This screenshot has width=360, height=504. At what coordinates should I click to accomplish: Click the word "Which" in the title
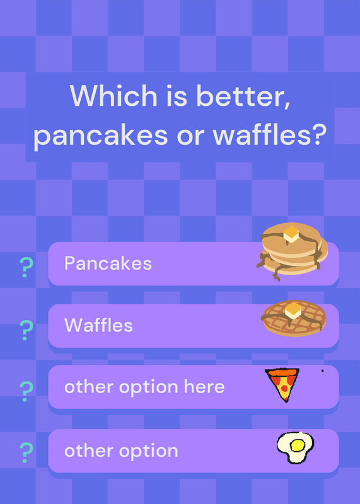tap(113, 96)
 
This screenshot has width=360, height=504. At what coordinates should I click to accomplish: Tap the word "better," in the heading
tap(243, 96)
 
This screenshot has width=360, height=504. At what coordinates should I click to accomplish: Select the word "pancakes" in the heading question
tap(100, 135)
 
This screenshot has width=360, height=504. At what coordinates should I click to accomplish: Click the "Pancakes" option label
tap(108, 263)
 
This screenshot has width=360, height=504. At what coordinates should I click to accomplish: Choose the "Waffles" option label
tap(98, 325)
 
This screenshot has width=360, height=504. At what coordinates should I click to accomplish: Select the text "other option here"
tap(144, 387)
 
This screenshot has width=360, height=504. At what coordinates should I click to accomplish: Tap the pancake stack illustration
tap(292, 251)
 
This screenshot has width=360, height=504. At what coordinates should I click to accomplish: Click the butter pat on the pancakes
tap(291, 234)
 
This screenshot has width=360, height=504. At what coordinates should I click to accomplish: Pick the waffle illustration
tap(294, 318)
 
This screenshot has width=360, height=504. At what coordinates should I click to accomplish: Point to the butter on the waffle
tap(293, 311)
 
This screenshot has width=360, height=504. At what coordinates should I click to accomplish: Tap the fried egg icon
tap(295, 447)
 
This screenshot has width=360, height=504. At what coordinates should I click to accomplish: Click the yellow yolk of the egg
tap(297, 445)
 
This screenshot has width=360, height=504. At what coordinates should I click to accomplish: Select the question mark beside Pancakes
tap(26, 267)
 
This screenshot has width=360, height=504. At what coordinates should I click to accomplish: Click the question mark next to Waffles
tap(26, 330)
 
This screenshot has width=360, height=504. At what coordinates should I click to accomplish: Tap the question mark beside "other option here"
tap(26, 391)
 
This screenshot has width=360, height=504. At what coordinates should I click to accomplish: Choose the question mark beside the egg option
tap(26, 452)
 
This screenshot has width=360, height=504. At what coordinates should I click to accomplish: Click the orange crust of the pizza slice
tap(282, 372)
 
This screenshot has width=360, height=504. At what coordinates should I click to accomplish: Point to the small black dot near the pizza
tap(322, 370)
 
